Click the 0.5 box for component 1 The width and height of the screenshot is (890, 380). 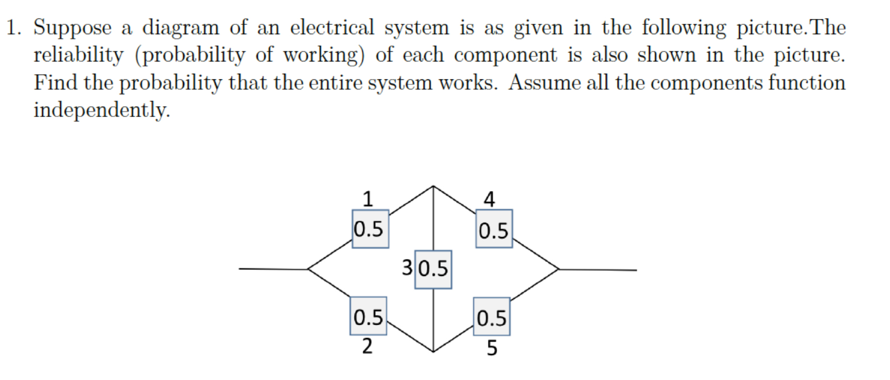(x=370, y=229)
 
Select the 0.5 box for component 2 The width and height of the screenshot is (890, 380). (x=368, y=317)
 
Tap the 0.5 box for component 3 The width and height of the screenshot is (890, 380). (x=433, y=269)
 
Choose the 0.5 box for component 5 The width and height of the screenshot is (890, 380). (x=492, y=317)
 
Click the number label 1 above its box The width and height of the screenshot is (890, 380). (x=368, y=198)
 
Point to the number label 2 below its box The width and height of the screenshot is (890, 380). (x=367, y=346)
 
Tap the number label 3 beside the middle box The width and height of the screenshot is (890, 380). (x=407, y=267)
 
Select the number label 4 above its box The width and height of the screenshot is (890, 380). (x=489, y=199)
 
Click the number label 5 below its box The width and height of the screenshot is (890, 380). (x=492, y=348)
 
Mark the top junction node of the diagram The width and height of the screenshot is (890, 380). (x=433, y=186)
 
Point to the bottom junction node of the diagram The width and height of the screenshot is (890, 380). (x=433, y=352)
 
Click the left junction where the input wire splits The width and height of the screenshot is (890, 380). (x=308, y=268)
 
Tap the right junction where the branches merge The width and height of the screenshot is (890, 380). (x=559, y=269)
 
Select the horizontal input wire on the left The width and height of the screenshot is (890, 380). (x=273, y=268)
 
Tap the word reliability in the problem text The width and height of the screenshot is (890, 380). (x=78, y=55)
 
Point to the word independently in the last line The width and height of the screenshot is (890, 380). (x=101, y=110)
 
